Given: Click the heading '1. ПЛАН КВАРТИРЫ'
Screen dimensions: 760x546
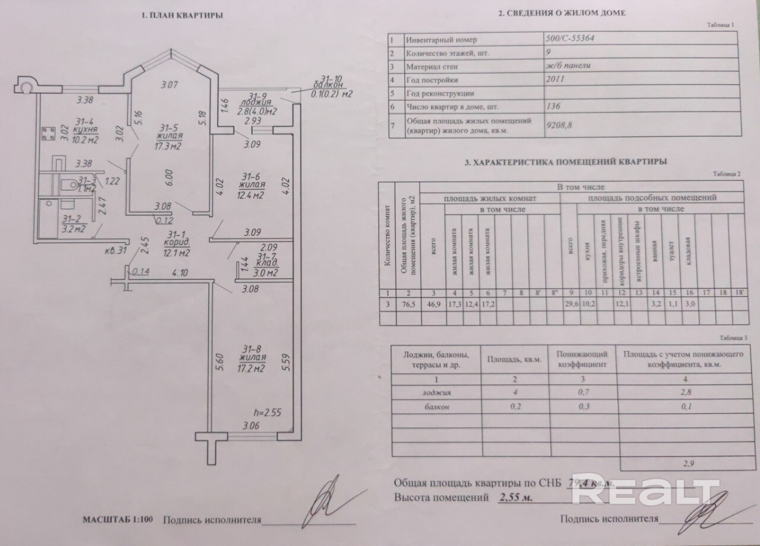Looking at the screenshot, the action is coord(182,16).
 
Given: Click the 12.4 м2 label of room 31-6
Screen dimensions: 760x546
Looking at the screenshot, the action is coord(252,194).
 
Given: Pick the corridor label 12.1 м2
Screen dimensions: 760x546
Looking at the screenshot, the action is coord(176,253).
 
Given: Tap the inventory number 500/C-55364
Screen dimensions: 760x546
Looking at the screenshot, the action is coord(571,39).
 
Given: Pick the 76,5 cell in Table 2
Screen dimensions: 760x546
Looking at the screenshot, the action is coord(408,304).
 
